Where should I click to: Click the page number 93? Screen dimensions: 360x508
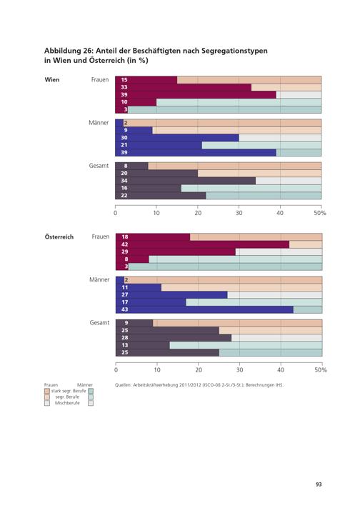click(319, 484)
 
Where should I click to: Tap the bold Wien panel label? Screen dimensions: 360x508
click(52, 80)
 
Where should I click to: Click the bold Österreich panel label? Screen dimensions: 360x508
click(59, 236)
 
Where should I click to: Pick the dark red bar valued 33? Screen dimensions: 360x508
click(184, 87)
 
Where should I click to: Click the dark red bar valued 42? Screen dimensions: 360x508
click(203, 244)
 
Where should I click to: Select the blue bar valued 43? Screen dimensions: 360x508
click(204, 309)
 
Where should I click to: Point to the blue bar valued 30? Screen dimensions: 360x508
click(177, 138)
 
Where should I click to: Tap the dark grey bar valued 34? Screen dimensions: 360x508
click(185, 181)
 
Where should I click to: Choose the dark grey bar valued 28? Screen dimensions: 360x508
click(174, 337)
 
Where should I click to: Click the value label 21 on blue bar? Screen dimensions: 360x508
click(124, 145)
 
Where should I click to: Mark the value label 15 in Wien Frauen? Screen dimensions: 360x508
click(124, 80)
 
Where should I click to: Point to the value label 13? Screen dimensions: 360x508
click(125, 345)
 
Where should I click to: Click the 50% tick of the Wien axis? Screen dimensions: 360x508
click(320, 213)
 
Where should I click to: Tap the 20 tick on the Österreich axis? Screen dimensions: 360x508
click(199, 370)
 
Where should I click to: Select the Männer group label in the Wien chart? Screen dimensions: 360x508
click(99, 122)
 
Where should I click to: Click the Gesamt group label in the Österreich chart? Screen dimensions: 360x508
click(99, 323)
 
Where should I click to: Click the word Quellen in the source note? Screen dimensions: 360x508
click(123, 385)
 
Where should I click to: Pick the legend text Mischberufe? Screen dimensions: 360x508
click(67, 403)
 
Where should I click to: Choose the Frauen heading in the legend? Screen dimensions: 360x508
click(51, 385)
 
